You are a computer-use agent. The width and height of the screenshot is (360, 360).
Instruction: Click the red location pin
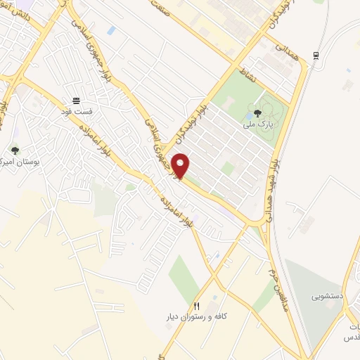[x=181, y=165]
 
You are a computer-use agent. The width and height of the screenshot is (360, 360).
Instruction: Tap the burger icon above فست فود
[x=76, y=101]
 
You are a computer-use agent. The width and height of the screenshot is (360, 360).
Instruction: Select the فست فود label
[x=76, y=112]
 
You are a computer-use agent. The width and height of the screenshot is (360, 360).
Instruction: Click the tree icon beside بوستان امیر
[x=15, y=150]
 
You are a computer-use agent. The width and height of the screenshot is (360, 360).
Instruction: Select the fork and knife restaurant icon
[x=197, y=307]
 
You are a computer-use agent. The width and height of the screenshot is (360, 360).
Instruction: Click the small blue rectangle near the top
[x=112, y=30]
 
